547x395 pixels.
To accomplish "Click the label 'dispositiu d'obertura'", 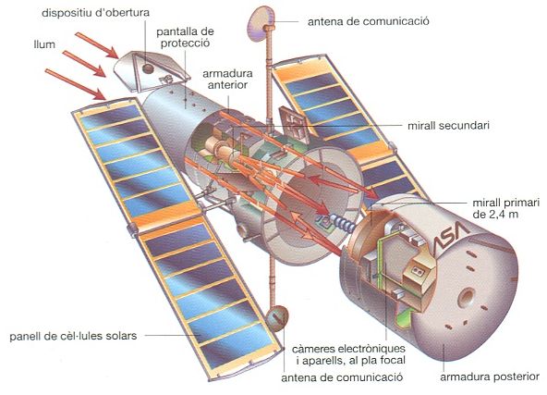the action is [95, 13].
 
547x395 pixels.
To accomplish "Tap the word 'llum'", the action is [44, 44].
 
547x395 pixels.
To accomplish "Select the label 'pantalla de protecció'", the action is [185, 37].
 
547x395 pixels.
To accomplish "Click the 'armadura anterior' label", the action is [227, 79].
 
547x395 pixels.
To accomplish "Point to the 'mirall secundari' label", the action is [448, 125].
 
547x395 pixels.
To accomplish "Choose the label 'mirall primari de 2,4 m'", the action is [505, 208].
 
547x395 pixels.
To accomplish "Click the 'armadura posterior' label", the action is [490, 376].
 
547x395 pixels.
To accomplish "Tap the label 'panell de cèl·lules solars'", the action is [73, 336].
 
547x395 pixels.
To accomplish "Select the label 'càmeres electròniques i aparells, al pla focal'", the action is [349, 354].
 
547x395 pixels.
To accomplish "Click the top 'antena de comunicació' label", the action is [369, 21].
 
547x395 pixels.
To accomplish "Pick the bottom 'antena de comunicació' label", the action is [342, 377].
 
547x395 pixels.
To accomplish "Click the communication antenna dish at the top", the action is [260, 24].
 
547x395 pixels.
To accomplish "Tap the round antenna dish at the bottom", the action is [277, 318].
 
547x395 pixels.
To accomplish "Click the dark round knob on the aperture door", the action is [148, 68].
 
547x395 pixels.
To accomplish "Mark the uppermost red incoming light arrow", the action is [97, 45].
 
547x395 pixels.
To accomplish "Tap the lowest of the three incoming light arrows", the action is [76, 84].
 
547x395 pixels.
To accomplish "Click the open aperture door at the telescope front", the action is [152, 71].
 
